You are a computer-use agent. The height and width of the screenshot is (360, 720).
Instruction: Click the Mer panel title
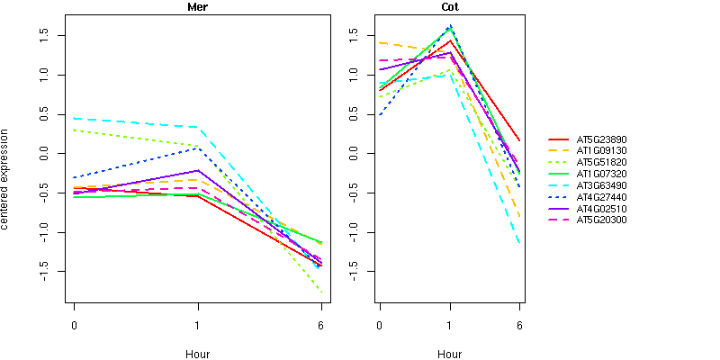click(x=197, y=7)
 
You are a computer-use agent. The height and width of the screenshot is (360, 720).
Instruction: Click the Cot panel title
click(x=449, y=7)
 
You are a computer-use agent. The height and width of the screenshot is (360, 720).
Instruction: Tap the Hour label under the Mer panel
click(x=197, y=355)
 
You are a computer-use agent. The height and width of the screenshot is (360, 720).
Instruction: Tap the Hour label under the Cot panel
click(x=449, y=355)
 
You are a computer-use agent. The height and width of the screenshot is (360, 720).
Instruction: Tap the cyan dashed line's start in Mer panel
click(x=74, y=119)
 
